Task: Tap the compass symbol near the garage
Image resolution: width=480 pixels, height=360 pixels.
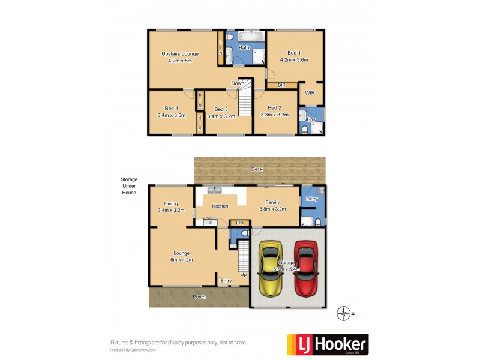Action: (x=344, y=313)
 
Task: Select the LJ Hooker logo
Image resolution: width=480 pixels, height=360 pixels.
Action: (x=328, y=344)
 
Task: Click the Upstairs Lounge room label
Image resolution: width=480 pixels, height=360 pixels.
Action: (x=179, y=57)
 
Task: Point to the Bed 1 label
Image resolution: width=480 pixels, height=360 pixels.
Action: (x=294, y=57)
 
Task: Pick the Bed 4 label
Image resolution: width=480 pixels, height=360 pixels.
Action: (x=171, y=112)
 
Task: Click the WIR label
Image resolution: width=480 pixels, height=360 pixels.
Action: (x=310, y=93)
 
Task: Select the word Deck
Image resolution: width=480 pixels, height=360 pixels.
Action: (x=257, y=169)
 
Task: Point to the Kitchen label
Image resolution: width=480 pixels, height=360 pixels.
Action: (x=220, y=206)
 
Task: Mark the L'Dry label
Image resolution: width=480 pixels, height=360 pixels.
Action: (x=311, y=199)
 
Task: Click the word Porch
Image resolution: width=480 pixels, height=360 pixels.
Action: (x=199, y=297)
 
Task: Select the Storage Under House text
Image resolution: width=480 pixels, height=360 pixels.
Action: (x=128, y=185)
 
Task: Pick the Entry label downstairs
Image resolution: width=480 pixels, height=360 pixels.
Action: (x=226, y=280)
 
